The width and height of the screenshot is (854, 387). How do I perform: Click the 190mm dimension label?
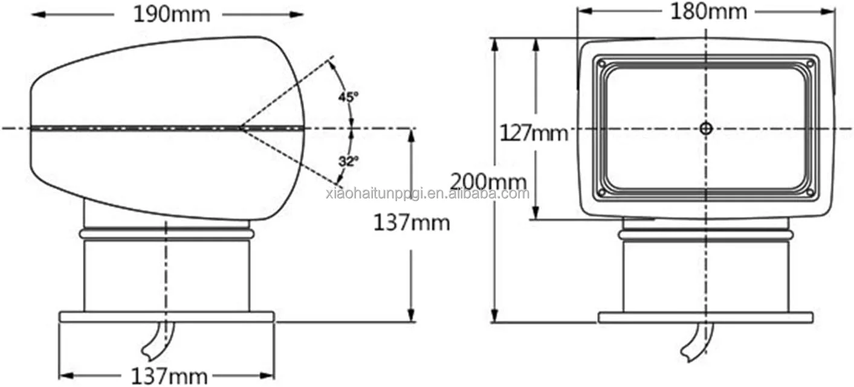tap(171, 14)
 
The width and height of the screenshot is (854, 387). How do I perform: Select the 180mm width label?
tap(708, 11)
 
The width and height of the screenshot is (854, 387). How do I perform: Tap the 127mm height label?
tap(534, 133)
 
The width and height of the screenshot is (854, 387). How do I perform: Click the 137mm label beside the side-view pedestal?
tap(411, 223)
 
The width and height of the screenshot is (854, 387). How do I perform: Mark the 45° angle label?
tap(348, 96)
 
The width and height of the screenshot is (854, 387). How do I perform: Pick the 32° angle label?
tap(348, 161)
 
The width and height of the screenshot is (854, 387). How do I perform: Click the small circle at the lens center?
tap(706, 128)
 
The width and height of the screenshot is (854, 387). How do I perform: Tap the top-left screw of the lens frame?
tap(601, 63)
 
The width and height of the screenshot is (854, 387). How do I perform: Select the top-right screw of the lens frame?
tap(810, 63)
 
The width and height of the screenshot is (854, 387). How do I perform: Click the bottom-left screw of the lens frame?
tap(601, 193)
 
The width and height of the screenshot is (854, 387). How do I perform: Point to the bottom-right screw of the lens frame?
tap(810, 193)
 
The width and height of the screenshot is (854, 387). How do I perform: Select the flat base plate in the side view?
tap(166, 316)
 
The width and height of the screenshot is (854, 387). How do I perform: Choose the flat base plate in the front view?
tap(705, 317)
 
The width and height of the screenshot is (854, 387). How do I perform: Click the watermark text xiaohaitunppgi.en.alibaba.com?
tap(427, 193)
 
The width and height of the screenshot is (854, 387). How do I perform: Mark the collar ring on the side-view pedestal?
tap(166, 234)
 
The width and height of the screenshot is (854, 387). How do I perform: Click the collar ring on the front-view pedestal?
tap(705, 234)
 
